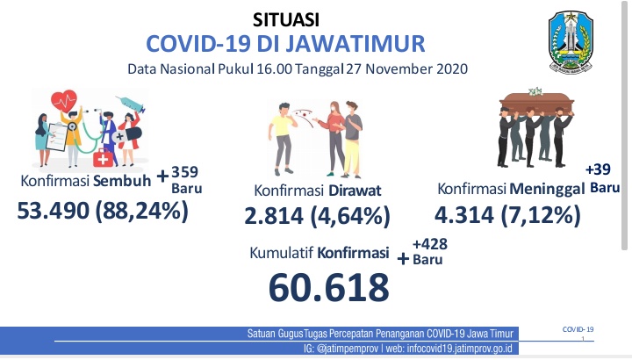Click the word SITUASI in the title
tap(286, 19)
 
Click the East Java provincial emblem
tap(571, 42)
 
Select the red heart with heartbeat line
tap(64, 101)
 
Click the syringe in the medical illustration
tap(131, 104)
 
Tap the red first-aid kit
tap(104, 158)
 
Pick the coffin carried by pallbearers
tap(536, 104)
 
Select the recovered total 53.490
tap(54, 211)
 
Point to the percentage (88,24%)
tap(142, 212)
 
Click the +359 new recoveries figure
tap(183, 173)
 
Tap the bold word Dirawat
tap(355, 191)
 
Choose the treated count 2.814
tap(274, 216)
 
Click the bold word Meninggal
tap(547, 189)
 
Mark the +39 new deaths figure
tap(598, 169)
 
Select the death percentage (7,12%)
tap(541, 215)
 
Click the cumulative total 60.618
tap(329, 287)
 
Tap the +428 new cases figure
tap(429, 244)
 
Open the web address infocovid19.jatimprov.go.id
tap(459, 349)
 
